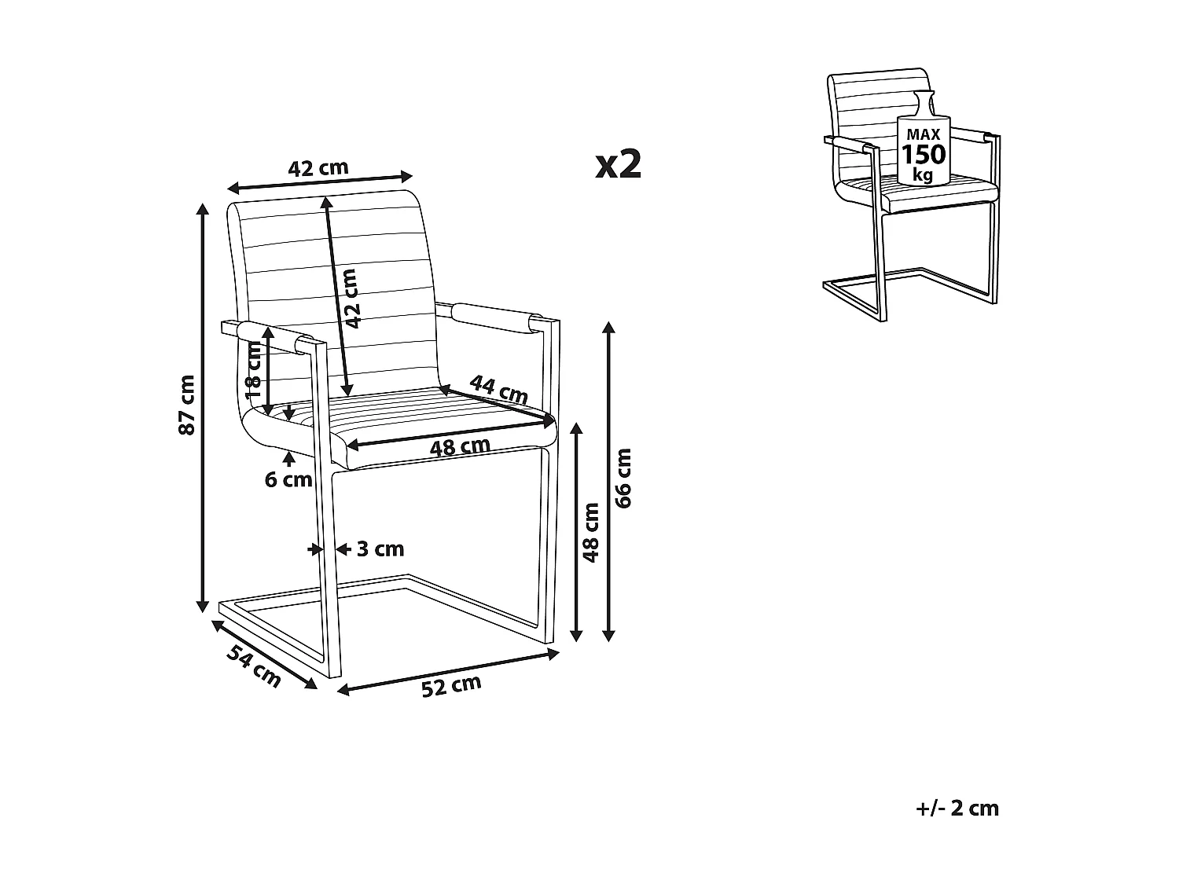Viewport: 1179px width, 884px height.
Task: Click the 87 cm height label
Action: click(185, 405)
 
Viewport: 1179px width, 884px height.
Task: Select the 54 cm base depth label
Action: click(254, 665)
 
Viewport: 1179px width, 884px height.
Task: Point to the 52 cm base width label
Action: click(450, 685)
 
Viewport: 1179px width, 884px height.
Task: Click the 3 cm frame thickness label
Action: click(380, 548)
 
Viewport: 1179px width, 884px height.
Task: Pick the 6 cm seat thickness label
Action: click(288, 479)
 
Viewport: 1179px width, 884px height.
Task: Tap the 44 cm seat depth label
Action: click(498, 387)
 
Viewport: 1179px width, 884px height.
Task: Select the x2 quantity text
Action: click(619, 164)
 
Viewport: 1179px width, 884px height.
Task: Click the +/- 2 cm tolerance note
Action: click(957, 809)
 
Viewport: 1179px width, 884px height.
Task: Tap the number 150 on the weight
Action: click(924, 154)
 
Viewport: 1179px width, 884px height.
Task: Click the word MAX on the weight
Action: click(923, 135)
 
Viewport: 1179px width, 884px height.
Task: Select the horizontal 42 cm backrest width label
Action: click(318, 168)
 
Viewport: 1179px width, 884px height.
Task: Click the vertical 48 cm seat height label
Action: click(591, 532)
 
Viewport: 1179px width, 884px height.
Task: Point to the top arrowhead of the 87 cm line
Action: click(203, 208)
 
